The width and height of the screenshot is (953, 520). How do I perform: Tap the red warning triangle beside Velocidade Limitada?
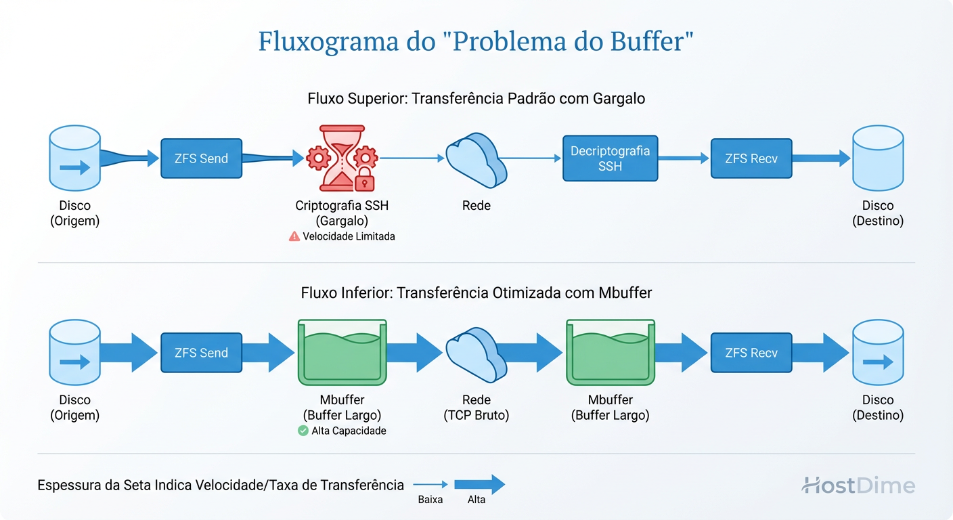[294, 236]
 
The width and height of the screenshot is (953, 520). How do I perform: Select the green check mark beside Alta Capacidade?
[303, 431]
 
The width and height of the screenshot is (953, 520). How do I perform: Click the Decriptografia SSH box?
[610, 158]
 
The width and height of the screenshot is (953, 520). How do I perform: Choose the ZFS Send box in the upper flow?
[201, 158]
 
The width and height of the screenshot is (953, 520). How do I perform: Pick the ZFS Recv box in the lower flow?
[751, 353]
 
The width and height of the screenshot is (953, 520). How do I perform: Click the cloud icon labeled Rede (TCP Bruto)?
[476, 353]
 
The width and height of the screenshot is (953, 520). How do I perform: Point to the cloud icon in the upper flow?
[476, 159]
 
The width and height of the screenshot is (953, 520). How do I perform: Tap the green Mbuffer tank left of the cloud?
[342, 352]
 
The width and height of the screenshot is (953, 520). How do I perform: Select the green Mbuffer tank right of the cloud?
[610, 352]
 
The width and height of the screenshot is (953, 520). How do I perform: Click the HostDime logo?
[858, 485]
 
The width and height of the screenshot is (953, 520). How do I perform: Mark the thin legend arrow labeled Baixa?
[430, 484]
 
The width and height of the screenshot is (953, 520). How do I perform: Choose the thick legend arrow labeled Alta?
[479, 484]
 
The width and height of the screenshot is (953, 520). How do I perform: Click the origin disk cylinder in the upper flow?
[74, 158]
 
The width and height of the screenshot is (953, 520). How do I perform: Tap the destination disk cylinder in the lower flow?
[877, 353]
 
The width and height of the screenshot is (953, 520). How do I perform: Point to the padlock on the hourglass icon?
[364, 179]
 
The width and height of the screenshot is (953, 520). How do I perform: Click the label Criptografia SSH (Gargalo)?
[342, 213]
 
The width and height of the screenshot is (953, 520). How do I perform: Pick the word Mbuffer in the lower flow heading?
[625, 292]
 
